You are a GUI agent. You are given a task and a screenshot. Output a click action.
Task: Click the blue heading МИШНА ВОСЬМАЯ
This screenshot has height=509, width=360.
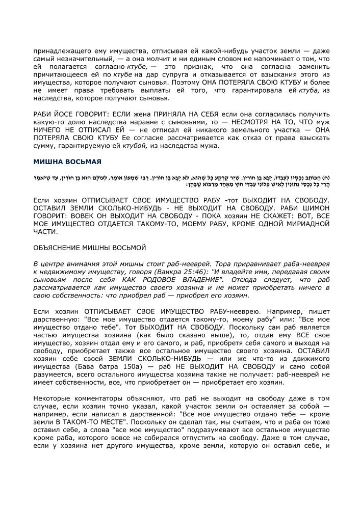pyautogui.click(x=67, y=162)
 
